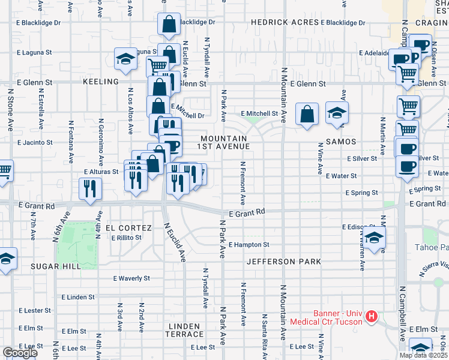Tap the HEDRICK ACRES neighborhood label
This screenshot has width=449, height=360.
(280, 22)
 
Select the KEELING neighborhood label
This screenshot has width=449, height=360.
(101, 82)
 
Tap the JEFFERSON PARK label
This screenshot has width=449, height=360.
(283, 262)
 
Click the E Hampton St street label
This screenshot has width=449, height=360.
(249, 245)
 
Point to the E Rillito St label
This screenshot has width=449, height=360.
(126, 238)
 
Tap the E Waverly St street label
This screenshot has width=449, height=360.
(132, 278)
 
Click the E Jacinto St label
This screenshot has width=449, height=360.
(36, 143)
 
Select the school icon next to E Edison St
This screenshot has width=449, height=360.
(374, 239)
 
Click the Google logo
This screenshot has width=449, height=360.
(20, 353)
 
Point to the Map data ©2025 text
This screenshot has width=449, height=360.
(423, 355)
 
